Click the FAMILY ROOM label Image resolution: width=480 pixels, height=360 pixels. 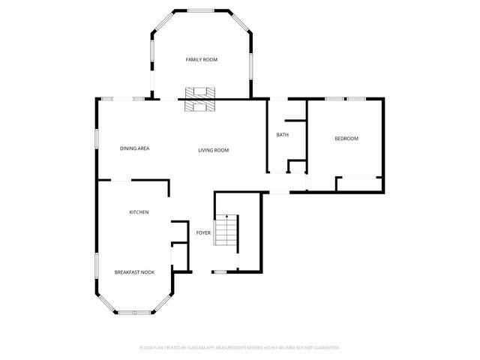coord(201,59)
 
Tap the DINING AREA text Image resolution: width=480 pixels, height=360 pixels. coord(135,148)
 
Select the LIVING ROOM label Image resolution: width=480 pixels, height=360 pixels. coord(213,150)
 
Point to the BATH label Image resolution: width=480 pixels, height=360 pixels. coord(282,135)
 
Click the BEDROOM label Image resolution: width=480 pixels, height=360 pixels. coord(346,139)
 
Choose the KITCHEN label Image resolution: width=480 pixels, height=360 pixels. coord(139,212)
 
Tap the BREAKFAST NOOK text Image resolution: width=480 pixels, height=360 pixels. coord(134,272)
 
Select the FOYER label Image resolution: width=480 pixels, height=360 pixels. coord(203,233)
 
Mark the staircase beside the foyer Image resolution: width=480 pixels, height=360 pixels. coord(226,232)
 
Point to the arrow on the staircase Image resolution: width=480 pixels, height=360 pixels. coord(226,217)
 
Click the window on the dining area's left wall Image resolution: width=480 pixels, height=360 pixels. coord(97,139)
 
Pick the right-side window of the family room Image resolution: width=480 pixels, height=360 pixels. coord(250,64)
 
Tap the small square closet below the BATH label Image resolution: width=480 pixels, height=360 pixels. coord(297,166)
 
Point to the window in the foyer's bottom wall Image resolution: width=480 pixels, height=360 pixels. coord(222,271)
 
